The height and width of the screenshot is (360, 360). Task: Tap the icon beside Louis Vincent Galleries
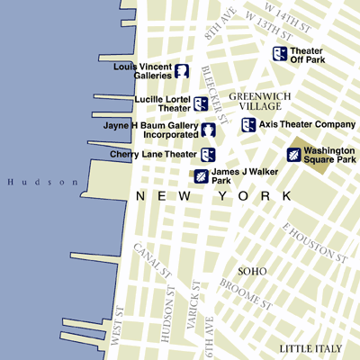[x=182, y=71]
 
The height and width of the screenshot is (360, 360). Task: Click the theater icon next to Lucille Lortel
[x=201, y=103]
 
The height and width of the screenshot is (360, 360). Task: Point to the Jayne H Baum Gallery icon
[x=208, y=130]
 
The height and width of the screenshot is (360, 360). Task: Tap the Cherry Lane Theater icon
[x=207, y=155]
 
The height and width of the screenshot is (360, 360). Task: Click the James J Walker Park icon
[x=202, y=175]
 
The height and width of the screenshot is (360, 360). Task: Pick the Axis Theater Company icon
[x=247, y=124]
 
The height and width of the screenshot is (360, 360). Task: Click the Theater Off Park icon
[x=280, y=54]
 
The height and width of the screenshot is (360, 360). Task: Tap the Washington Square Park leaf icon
[x=294, y=155]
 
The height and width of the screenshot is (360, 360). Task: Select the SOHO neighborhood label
[x=251, y=271]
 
